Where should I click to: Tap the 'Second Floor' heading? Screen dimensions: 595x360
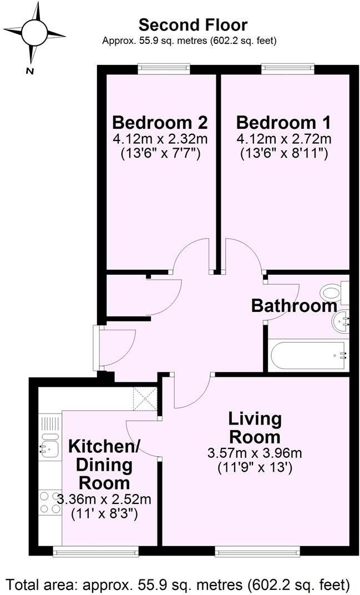192,25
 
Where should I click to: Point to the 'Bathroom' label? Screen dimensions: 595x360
294,305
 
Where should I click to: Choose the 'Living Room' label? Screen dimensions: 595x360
256,427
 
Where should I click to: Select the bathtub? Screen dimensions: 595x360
308,356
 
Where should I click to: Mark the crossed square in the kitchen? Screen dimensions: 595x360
145,399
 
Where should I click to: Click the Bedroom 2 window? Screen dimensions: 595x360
164,69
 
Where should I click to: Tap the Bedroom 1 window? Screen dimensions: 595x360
288,69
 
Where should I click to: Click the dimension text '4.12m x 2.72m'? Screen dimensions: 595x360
283,138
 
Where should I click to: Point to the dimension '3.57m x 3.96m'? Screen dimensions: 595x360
256,453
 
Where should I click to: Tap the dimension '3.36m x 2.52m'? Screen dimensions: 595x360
104,499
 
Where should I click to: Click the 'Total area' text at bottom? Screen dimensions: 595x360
179,584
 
